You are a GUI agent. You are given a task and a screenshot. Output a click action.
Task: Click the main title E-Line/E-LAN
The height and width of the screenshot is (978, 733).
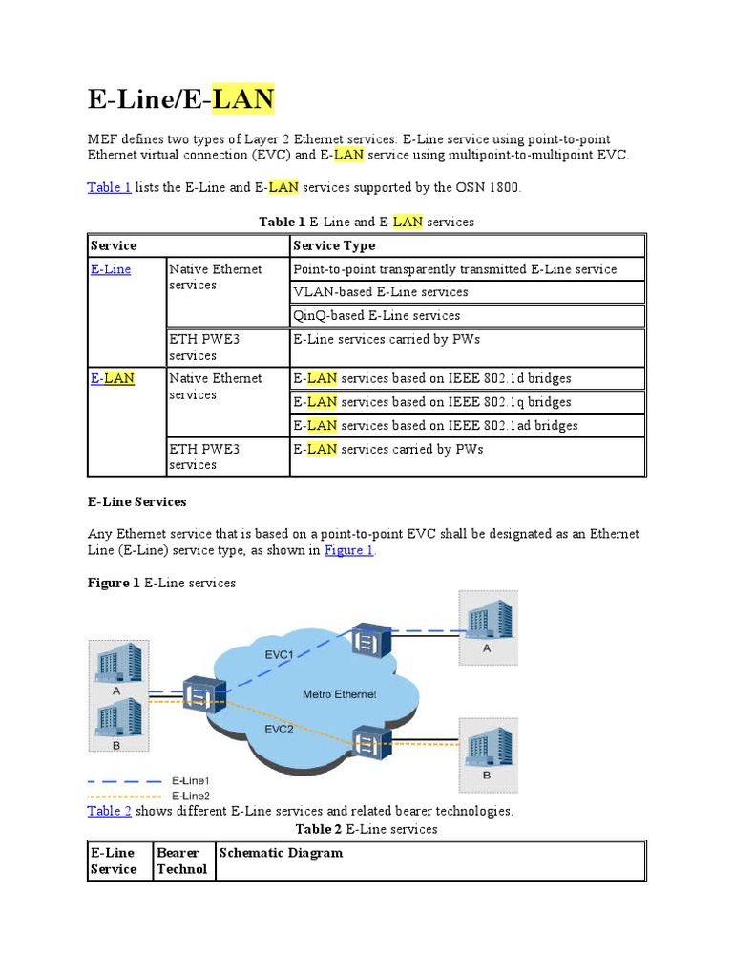point(181,99)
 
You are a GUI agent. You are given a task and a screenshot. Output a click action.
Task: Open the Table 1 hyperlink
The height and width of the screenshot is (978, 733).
point(109,187)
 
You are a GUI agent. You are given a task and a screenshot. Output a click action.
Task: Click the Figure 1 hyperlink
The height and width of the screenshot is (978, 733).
point(349,550)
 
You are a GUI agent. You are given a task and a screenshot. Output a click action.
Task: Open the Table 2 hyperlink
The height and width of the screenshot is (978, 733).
point(109,811)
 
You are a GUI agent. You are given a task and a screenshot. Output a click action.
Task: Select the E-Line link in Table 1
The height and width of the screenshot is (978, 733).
point(111,269)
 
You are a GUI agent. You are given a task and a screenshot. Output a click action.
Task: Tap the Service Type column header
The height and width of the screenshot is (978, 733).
point(333,245)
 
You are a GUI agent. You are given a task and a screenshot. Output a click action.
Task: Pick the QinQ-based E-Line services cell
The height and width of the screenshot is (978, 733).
point(376,315)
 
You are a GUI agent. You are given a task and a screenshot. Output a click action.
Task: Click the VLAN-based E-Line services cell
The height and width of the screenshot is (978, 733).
point(380,292)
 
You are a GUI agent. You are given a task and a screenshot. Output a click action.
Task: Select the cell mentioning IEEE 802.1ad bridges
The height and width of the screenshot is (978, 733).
point(435,425)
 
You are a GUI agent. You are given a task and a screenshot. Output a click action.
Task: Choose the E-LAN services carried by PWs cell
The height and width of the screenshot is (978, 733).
point(388,449)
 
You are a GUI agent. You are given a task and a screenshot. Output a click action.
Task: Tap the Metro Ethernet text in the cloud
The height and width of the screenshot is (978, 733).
point(339,694)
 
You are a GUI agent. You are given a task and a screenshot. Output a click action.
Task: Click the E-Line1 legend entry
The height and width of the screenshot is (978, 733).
point(190,781)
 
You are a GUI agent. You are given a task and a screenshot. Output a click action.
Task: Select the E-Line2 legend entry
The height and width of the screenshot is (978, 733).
point(190,795)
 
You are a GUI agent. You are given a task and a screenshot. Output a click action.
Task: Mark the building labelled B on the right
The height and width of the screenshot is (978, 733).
point(487,746)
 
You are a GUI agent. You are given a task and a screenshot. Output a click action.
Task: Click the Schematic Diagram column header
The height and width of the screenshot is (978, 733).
point(281,853)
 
